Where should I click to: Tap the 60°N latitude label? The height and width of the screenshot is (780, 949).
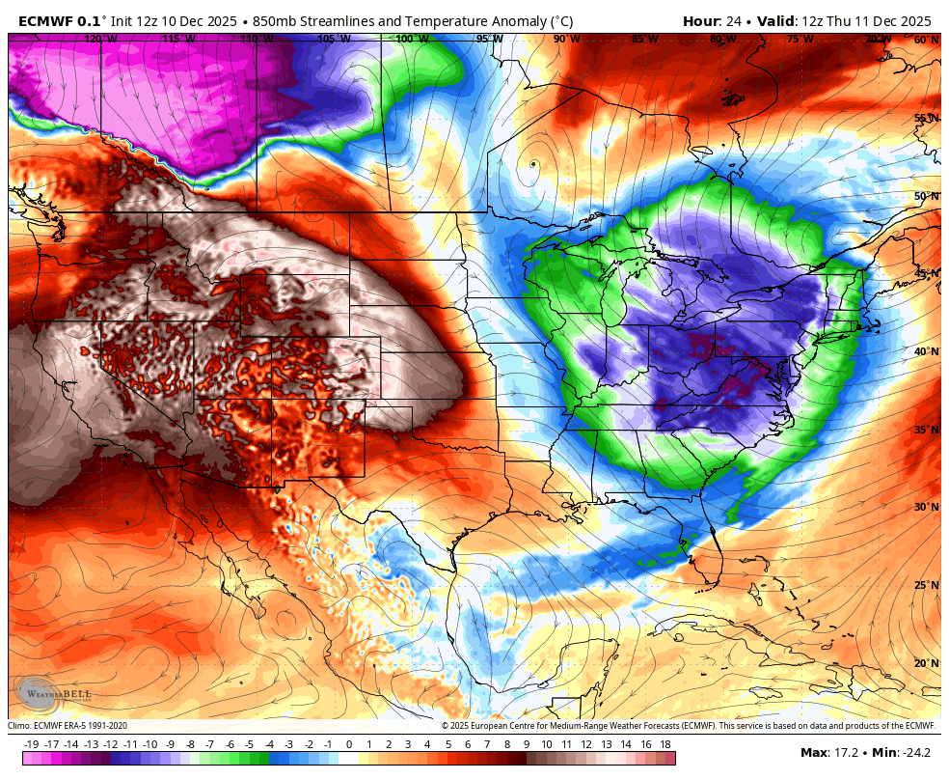[927, 40]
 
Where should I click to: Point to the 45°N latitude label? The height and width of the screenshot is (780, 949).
[927, 274]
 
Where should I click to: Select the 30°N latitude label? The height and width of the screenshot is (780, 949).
[927, 508]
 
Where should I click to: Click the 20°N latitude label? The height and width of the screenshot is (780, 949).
[927, 663]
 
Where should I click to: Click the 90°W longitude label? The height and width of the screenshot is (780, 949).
[567, 40]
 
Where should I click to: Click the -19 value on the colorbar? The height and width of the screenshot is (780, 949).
[31, 744]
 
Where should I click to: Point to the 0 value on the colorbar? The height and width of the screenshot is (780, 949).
[348, 744]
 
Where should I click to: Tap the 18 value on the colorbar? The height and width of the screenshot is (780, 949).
[665, 744]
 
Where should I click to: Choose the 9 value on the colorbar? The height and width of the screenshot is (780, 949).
[527, 744]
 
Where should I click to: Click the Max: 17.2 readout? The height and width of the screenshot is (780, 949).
[827, 752]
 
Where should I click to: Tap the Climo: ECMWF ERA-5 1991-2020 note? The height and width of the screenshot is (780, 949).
[68, 726]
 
